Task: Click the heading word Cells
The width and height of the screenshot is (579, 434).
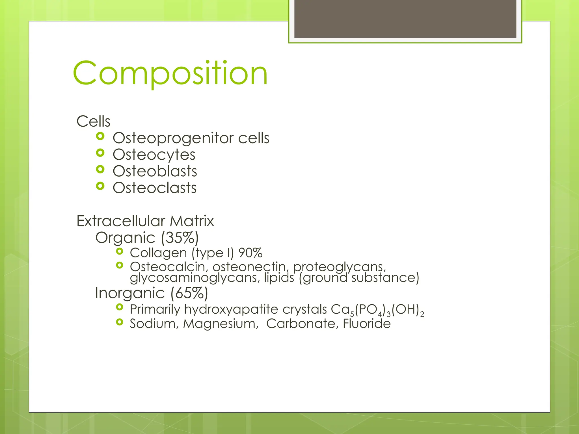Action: tap(93, 121)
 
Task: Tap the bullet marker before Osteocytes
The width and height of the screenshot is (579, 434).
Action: tap(100, 153)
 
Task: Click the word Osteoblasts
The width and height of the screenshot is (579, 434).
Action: tap(155, 171)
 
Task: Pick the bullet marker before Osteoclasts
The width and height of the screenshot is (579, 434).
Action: tap(100, 186)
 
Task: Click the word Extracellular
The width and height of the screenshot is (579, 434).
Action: tap(121, 221)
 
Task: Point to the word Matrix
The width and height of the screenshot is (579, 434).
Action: tap(192, 221)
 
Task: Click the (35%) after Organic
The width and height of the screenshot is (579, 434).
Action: tap(180, 238)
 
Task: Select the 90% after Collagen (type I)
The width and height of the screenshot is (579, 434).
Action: tap(250, 253)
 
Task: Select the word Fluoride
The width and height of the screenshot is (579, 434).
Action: tap(366, 324)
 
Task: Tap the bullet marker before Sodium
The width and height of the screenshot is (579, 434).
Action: tap(120, 322)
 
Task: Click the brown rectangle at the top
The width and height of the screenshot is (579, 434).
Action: tap(405, 19)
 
